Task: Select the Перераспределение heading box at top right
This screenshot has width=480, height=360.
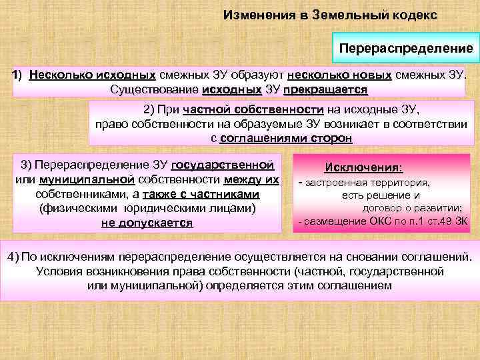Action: [x=405, y=49]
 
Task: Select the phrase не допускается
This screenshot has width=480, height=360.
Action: [x=147, y=223]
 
